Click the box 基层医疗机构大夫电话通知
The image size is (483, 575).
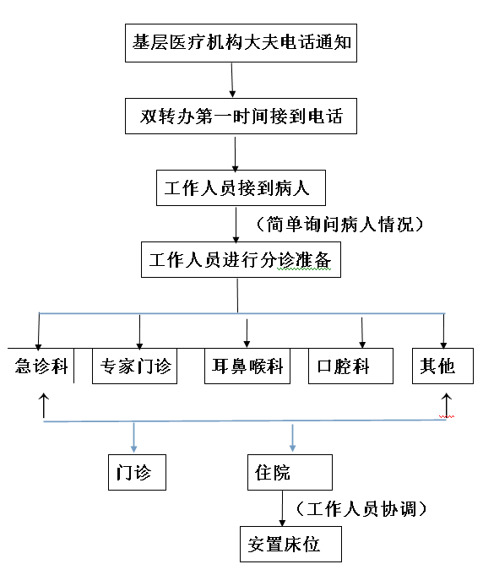[241, 43]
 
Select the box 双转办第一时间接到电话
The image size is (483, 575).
[241, 116]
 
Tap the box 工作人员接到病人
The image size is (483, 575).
[241, 187]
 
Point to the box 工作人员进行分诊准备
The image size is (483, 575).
[241, 259]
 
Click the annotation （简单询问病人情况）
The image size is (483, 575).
[339, 224]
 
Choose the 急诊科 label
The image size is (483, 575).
[41, 366]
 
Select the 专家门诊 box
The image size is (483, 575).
[134, 366]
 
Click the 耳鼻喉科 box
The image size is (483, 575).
[247, 366]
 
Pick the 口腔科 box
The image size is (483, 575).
[350, 366]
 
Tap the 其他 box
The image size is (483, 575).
[442, 366]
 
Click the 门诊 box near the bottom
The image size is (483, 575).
[137, 472]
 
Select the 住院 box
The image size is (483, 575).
[290, 472]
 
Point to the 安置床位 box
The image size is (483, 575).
[290, 545]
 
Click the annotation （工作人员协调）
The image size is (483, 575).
[361, 509]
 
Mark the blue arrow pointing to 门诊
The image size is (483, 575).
[134, 437]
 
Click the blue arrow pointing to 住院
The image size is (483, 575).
[293, 438]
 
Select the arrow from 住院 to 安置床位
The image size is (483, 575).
[282, 508]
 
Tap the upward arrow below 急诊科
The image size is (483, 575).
[44, 405]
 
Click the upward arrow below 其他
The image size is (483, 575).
[447, 405]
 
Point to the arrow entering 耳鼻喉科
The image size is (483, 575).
[247, 333]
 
